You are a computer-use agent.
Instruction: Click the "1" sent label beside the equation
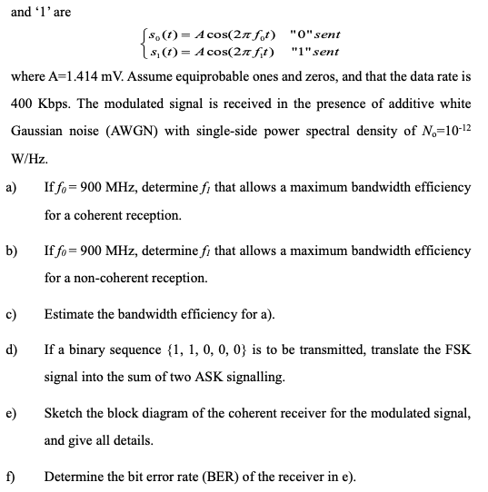coord(314,51)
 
